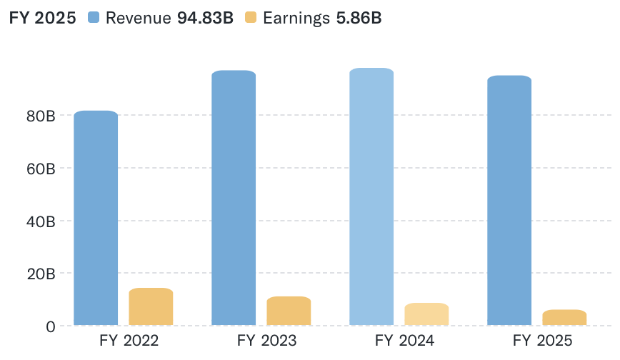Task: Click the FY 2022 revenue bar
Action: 96,218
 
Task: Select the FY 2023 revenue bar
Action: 234,198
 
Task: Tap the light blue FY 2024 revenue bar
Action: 371,196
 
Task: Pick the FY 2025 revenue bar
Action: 509,200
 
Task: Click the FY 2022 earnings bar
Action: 151,307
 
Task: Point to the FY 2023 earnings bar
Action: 289,311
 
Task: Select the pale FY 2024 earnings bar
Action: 426,314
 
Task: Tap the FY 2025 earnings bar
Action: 564,318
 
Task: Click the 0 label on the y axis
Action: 50,326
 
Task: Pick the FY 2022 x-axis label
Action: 129,341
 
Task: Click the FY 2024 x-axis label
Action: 405,341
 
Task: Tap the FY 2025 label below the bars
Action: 544,341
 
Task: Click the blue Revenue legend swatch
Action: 94,19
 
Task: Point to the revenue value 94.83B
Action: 205,19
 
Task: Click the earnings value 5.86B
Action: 359,19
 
